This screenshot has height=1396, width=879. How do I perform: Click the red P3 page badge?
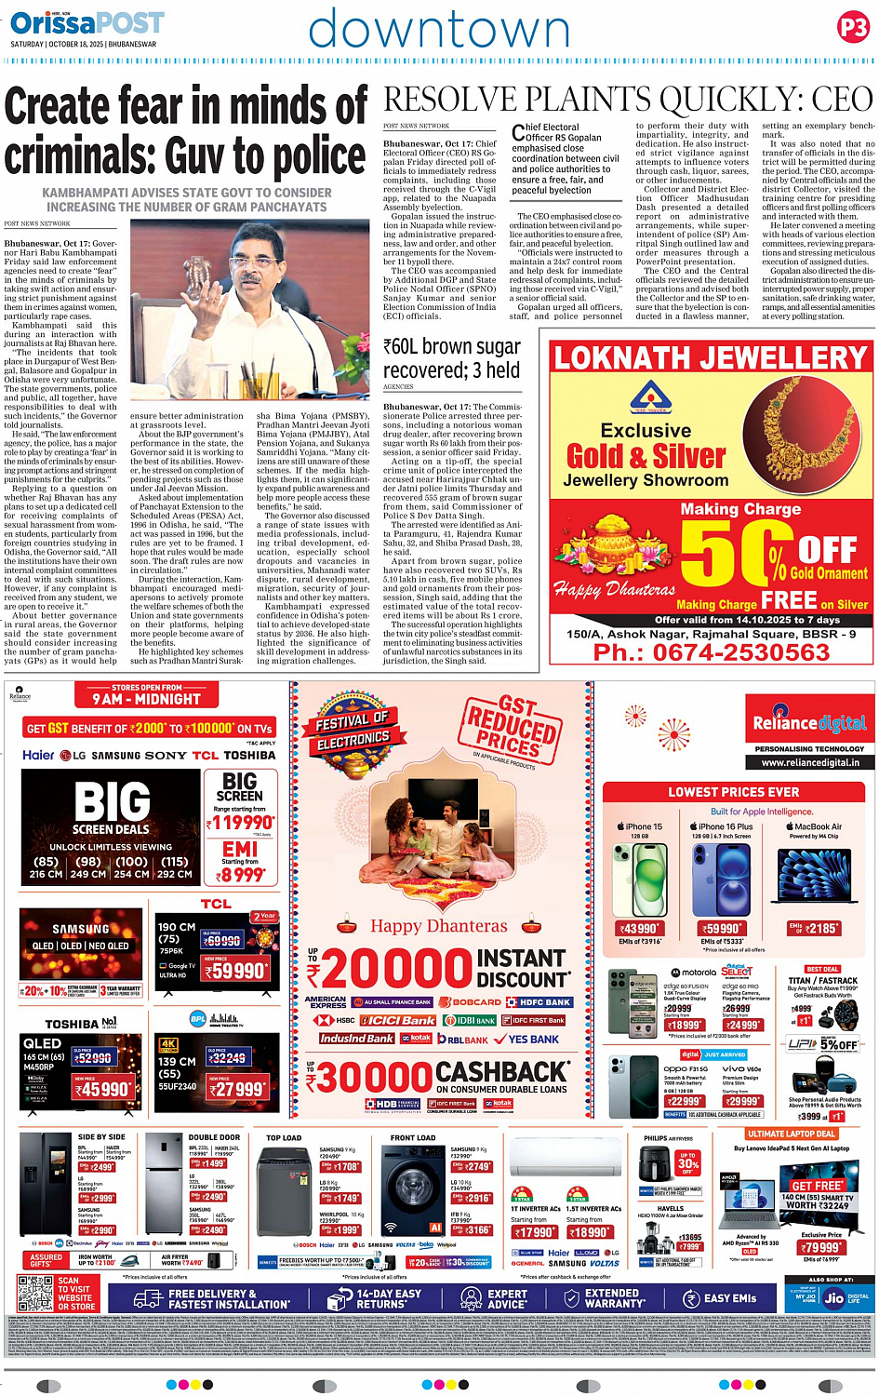click(x=852, y=28)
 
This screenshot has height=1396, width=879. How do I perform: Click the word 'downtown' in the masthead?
click(x=439, y=30)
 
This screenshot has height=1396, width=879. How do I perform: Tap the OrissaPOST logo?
click(x=87, y=22)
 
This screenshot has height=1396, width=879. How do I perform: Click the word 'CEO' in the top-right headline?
click(x=841, y=100)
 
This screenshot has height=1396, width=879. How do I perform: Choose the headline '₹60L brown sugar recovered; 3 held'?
click(x=451, y=357)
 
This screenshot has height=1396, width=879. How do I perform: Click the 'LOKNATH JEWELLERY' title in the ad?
click(x=711, y=358)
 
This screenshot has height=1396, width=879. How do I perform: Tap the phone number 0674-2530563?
click(x=711, y=652)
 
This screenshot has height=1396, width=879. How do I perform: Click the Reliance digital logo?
click(x=809, y=723)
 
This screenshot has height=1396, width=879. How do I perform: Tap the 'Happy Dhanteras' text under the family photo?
click(x=439, y=925)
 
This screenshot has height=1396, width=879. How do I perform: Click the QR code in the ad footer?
click(x=34, y=1293)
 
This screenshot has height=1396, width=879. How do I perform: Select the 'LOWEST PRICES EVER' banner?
click(x=733, y=792)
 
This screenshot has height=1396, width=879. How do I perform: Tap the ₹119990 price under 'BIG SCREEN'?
click(x=241, y=823)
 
